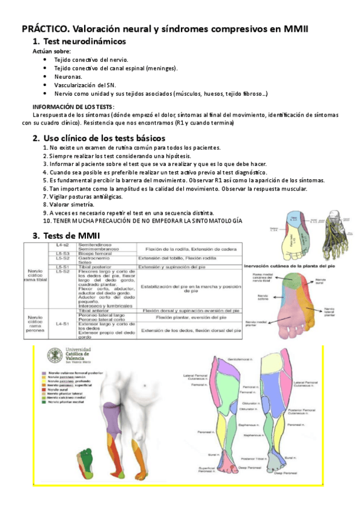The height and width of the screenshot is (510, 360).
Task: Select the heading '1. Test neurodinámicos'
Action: click(x=79, y=41)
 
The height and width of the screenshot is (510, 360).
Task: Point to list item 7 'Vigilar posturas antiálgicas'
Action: click(x=84, y=197)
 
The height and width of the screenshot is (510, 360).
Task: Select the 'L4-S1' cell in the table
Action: click(x=62, y=324)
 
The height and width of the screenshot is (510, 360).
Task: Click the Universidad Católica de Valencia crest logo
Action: click(x=54, y=355)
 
